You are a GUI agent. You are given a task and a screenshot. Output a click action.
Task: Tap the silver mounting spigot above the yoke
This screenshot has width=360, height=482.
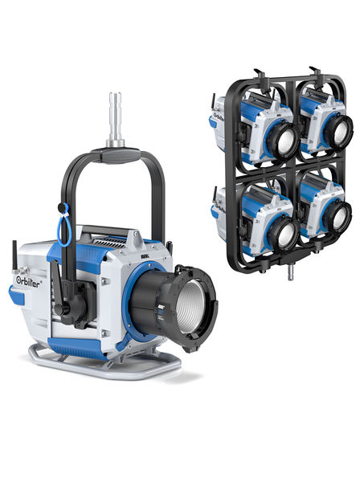click(115, 120)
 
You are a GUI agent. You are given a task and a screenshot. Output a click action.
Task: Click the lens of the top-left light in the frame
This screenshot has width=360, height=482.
click(282, 138)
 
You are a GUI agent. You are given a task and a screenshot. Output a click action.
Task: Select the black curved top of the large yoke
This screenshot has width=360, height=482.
click(115, 153)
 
